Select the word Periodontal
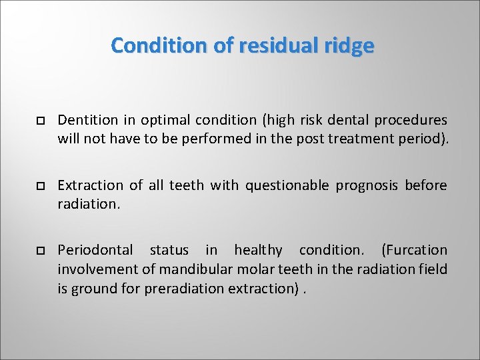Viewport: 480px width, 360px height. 95,250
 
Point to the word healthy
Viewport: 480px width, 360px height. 258,250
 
